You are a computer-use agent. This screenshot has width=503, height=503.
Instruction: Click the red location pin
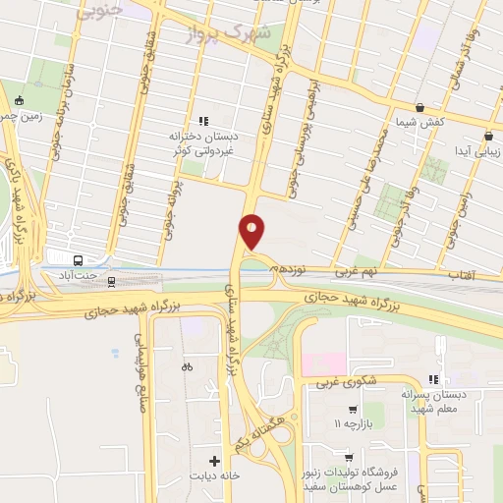point(252,230)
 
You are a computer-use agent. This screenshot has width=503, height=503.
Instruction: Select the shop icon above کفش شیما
point(420,108)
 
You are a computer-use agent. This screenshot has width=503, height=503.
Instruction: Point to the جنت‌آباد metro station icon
point(79,260)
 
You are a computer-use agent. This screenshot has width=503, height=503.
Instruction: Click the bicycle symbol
point(187,366)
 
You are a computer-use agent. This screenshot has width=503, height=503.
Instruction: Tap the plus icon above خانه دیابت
point(213,460)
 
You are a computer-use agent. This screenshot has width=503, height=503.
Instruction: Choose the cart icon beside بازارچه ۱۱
point(353,409)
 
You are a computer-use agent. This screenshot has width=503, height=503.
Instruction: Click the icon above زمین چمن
point(19,100)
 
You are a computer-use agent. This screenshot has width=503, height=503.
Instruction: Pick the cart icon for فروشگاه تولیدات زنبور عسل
point(349,456)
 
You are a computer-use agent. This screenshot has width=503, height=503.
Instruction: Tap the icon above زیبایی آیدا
point(488,137)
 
